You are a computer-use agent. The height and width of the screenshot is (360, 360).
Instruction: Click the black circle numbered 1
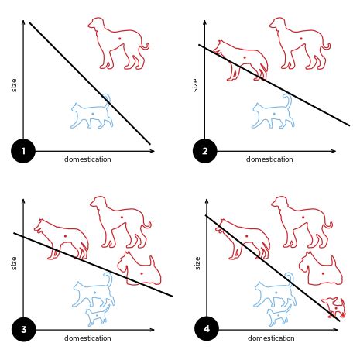23,151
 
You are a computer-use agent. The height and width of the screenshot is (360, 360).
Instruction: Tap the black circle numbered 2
205,151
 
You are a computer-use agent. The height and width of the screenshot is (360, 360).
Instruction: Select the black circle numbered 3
23,330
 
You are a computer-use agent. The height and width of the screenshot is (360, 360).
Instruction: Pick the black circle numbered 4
207,330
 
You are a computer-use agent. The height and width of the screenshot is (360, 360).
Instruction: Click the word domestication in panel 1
87,159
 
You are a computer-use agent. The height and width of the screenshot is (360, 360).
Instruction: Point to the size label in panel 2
195,84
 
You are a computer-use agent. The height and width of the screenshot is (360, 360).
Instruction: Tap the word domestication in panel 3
87,338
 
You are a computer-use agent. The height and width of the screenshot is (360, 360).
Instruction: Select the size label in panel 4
197,263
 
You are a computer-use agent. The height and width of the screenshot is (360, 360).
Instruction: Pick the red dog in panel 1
118,42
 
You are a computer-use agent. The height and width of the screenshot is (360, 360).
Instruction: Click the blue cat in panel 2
273,113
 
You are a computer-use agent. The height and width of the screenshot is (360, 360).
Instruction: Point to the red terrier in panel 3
139,268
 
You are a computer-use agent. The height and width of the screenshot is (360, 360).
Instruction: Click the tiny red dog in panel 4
336,308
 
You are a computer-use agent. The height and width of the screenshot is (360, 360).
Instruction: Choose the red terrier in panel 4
320,267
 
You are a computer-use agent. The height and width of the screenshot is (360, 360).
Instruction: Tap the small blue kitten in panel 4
279,316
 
